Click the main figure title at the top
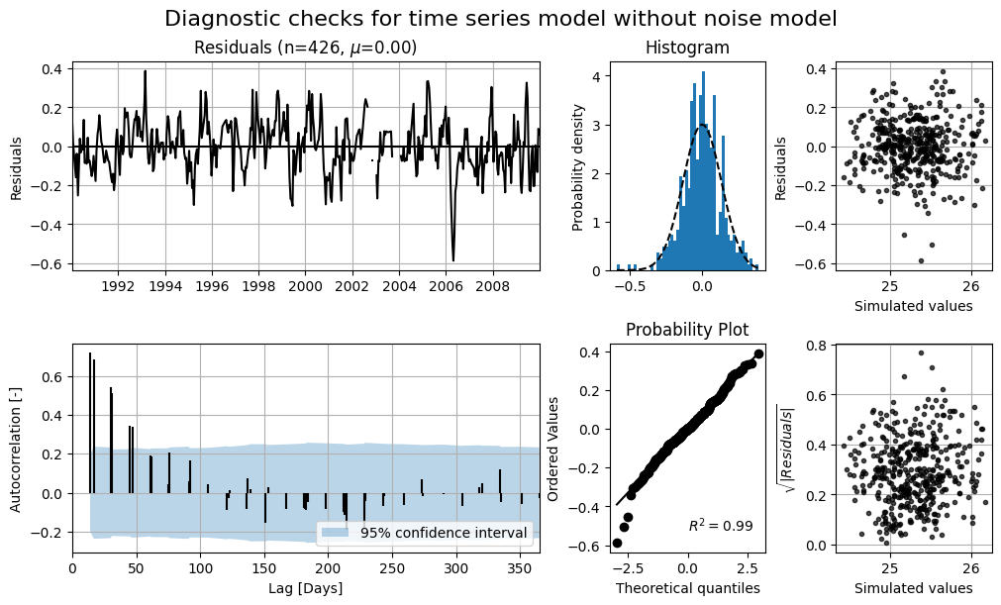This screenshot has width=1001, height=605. click(x=501, y=19)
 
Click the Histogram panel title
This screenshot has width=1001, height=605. click(x=687, y=48)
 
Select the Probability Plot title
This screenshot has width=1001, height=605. click(x=687, y=330)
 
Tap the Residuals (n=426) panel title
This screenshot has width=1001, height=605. click(x=305, y=48)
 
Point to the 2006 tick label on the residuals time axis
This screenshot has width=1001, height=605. click(x=446, y=286)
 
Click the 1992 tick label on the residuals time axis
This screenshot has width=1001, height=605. click(x=118, y=286)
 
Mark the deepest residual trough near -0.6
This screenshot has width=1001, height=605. click(x=453, y=259)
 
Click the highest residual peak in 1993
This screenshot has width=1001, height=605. click(x=146, y=71)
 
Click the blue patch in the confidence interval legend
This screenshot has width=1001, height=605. click(x=335, y=533)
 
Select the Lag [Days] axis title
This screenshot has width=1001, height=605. click(x=305, y=588)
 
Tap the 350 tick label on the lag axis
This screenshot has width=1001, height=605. click(x=520, y=569)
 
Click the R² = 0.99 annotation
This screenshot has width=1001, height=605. click(x=721, y=526)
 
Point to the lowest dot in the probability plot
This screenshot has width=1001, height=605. click(x=617, y=543)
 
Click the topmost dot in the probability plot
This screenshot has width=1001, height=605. click(x=759, y=353)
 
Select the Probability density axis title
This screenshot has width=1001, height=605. click(x=578, y=167)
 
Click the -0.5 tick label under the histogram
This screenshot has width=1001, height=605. click(x=631, y=286)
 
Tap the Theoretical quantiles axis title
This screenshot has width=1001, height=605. click(x=687, y=588)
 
